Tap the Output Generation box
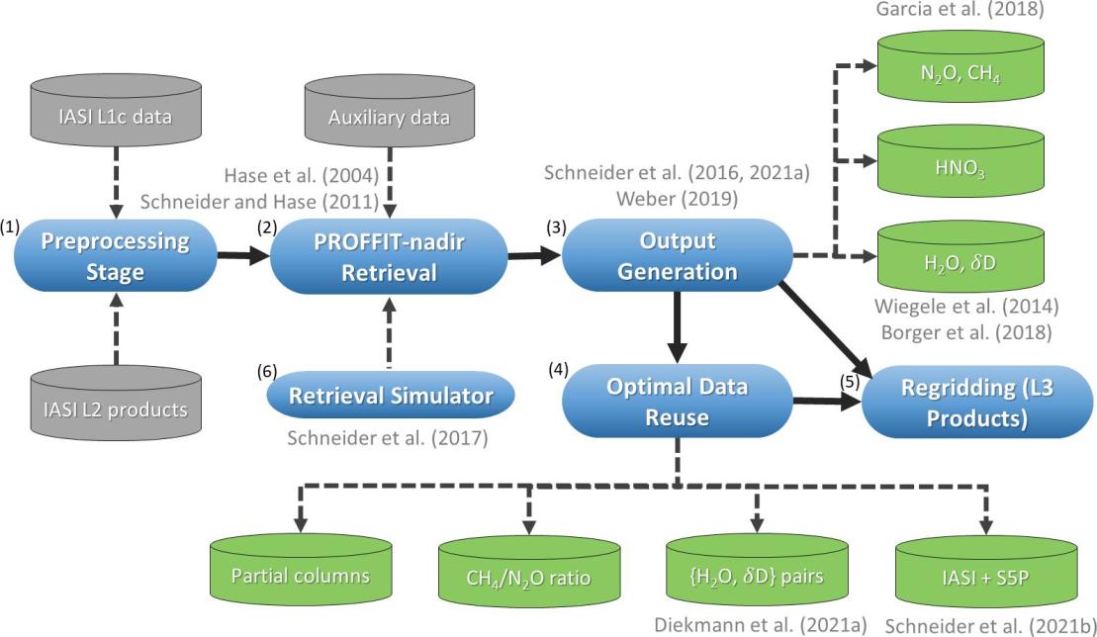click(677, 257)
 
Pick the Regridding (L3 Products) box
click(966, 403)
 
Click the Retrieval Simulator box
click(392, 397)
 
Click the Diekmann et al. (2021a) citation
click(759, 624)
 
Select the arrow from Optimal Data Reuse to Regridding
click(825, 403)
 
